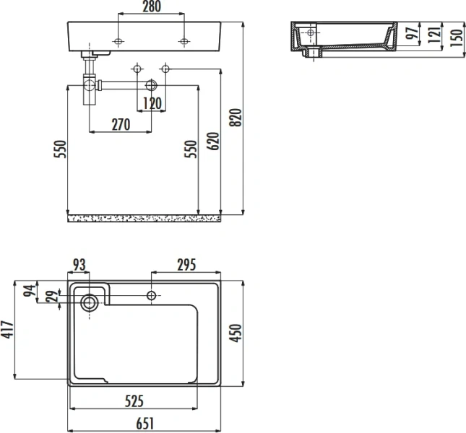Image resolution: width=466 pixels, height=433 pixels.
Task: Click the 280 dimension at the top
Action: click(151, 7)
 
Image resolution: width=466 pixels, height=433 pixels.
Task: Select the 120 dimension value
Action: click(151, 103)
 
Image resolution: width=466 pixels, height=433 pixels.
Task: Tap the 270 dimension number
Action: click(120, 125)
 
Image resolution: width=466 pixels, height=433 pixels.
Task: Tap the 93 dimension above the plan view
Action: click(79, 265)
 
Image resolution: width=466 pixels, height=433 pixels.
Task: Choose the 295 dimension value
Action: click(187, 265)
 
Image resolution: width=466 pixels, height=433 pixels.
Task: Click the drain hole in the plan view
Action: click(89, 302)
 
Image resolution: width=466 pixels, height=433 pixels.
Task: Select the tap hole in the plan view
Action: click(152, 295)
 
